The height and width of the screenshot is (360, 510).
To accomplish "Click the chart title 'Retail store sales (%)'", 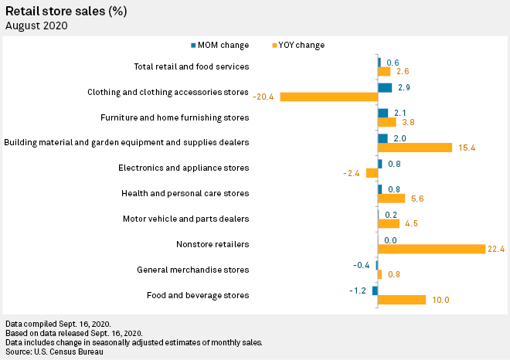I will [x=66, y=11].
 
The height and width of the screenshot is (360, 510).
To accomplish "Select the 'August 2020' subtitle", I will [x=36, y=25].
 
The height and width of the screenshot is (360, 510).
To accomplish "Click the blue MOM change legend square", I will [x=193, y=45].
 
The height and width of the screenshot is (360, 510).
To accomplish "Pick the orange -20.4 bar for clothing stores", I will [x=328, y=97].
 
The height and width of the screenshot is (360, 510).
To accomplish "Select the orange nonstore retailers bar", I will [x=431, y=249].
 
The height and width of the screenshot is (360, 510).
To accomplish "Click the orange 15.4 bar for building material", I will [x=415, y=147].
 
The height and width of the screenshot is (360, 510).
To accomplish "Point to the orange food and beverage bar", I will [x=402, y=300].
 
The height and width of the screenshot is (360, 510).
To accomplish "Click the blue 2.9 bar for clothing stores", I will [x=385, y=87].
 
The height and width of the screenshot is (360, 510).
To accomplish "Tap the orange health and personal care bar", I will [x=391, y=199].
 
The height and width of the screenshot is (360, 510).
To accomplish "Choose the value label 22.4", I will [x=495, y=249].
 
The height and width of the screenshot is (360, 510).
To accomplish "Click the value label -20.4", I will [x=264, y=97].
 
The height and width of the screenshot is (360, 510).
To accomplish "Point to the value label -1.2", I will [x=357, y=290].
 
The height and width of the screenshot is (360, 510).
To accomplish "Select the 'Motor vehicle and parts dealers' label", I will [x=185, y=219].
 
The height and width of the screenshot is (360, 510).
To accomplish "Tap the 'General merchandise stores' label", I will [x=192, y=270].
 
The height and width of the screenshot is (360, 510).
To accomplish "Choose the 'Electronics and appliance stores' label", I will [x=183, y=168].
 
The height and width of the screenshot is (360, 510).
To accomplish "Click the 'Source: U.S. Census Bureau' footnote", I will [x=54, y=352].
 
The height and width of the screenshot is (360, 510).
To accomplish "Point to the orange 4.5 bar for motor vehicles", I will [x=389, y=224].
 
